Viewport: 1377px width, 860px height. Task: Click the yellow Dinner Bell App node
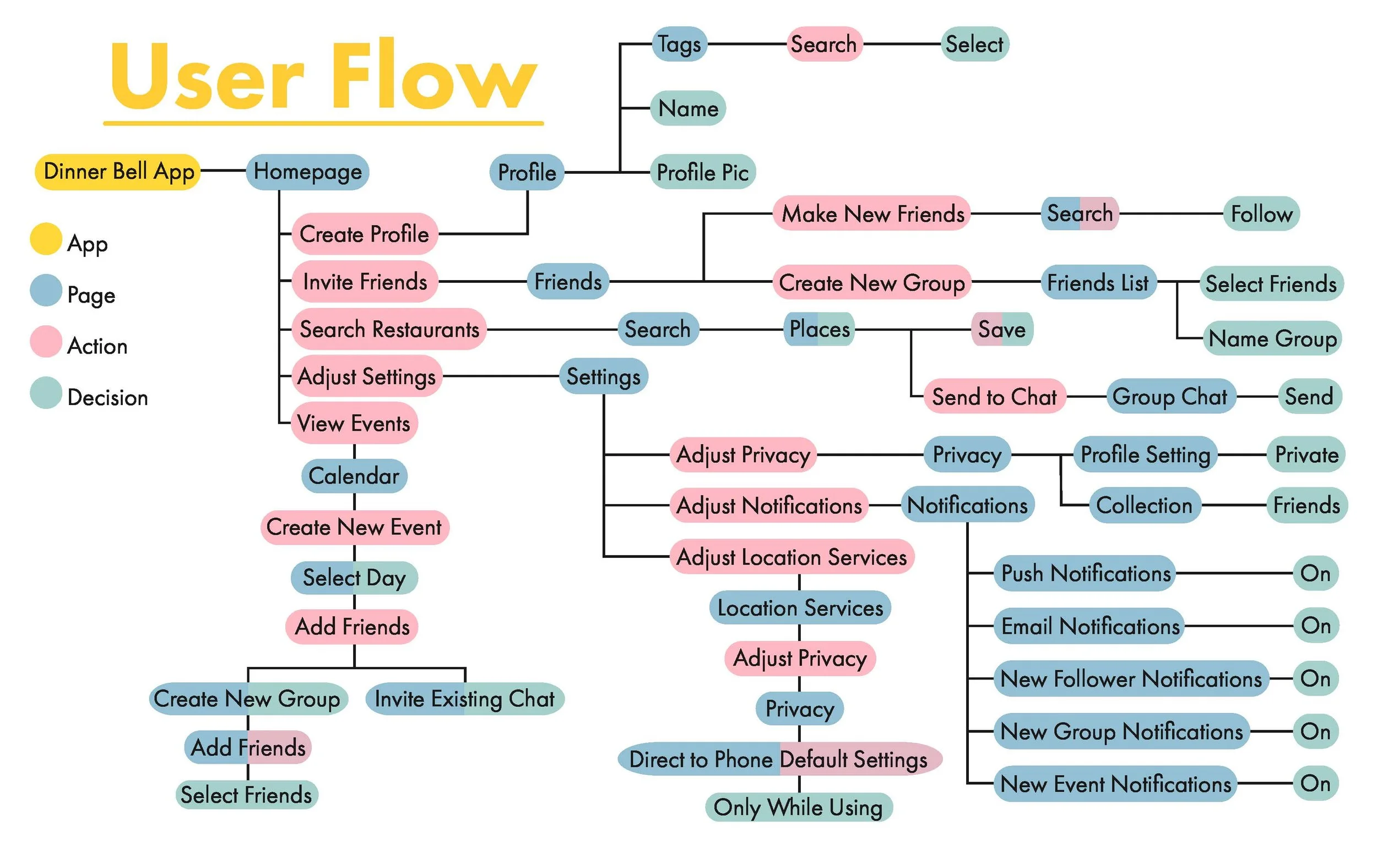pos(117,171)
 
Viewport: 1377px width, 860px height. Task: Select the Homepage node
pos(307,172)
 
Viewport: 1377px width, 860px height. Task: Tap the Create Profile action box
pos(364,234)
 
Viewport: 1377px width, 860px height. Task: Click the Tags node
pos(679,44)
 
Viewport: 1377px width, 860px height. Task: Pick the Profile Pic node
pos(702,172)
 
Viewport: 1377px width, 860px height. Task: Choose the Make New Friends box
pos(871,214)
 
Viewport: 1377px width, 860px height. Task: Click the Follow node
pos(1261,214)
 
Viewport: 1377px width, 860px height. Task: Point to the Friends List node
pos(1098,282)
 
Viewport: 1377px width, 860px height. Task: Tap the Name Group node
pos(1272,338)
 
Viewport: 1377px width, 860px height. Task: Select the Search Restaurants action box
pos(389,328)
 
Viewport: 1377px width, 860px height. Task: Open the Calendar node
pos(354,475)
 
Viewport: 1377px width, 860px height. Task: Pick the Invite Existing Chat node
pos(464,698)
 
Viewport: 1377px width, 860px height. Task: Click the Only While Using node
pos(798,807)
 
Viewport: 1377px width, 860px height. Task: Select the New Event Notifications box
pos(1115,784)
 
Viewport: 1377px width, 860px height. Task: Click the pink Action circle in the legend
pos(46,341)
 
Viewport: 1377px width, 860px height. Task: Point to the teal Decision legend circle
pos(46,392)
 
